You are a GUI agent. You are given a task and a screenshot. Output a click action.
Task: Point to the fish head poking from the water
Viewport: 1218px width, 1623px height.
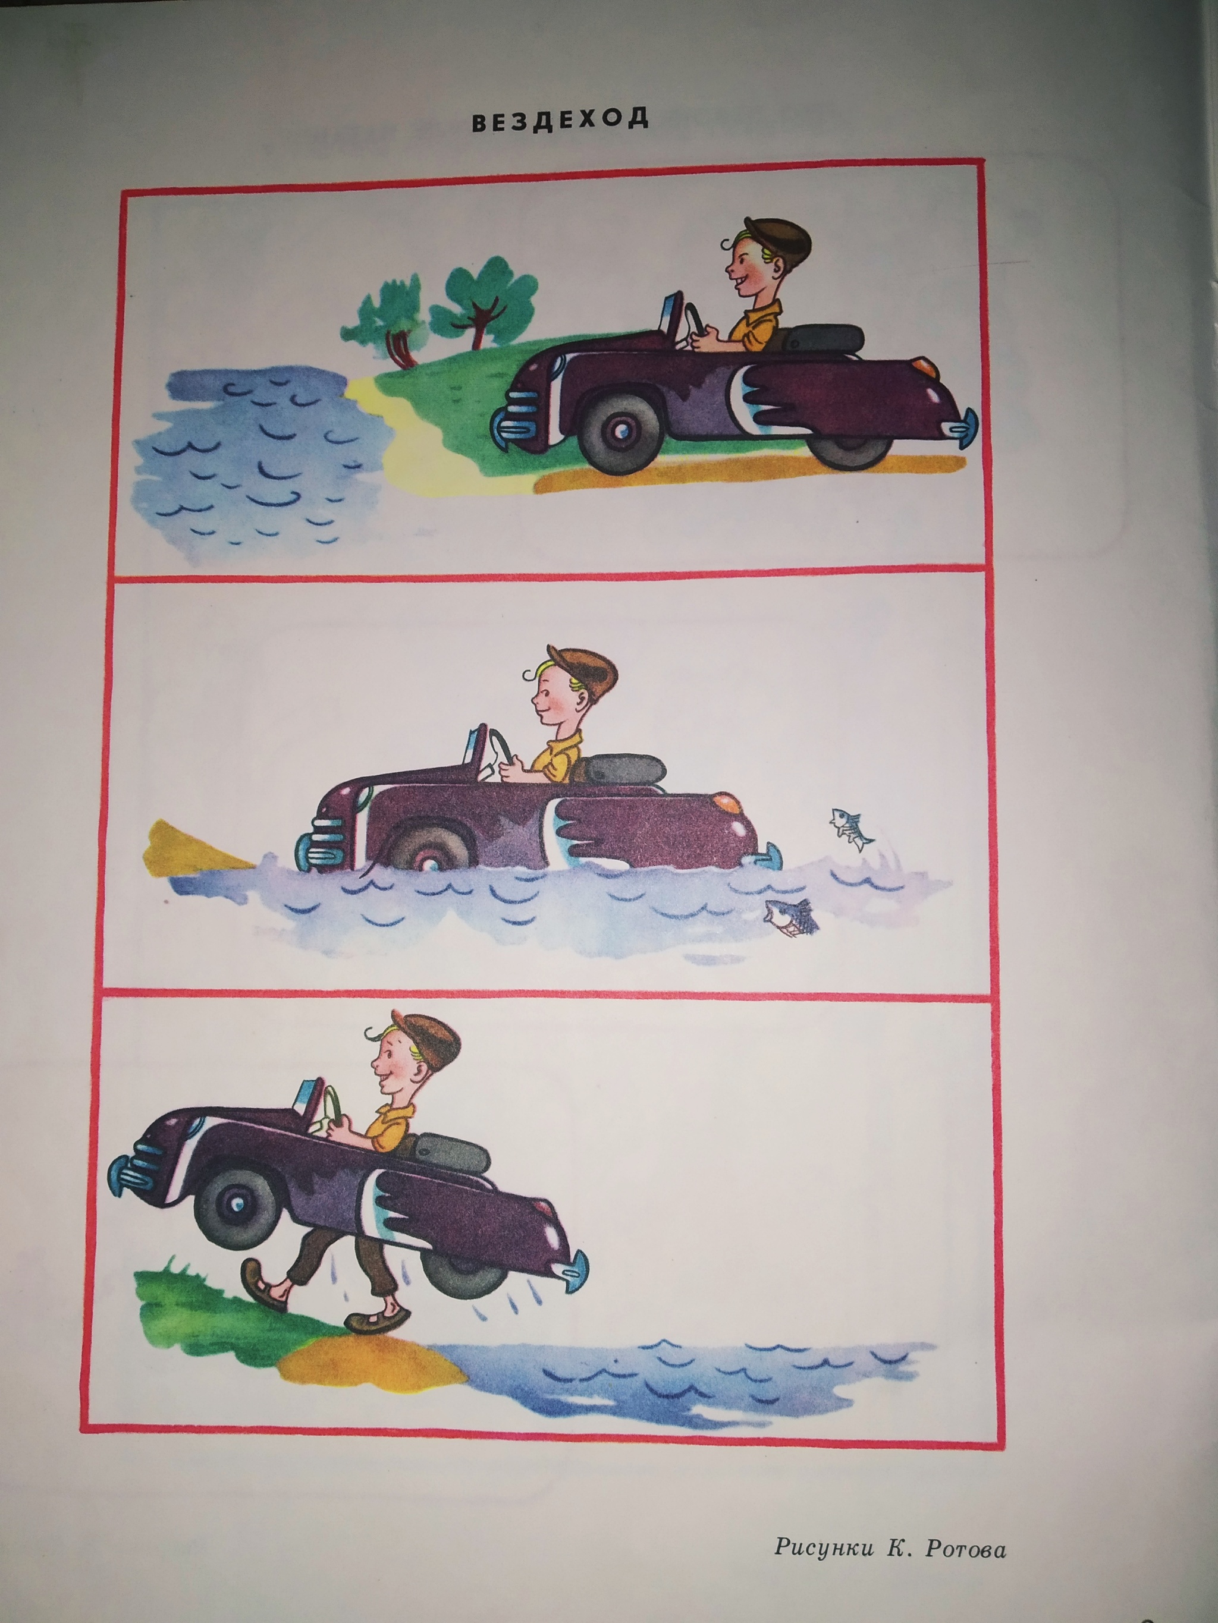click(789, 919)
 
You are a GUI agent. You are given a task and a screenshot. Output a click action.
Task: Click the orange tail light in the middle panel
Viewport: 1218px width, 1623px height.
click(729, 802)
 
